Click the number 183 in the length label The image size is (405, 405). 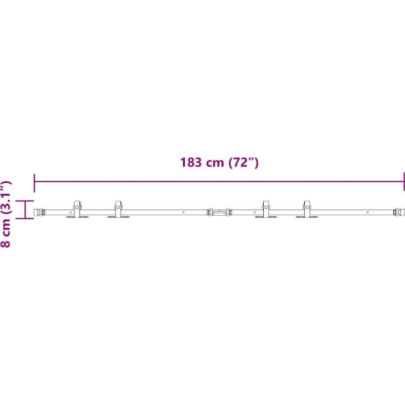[191, 162]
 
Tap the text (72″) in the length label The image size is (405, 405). [244, 163]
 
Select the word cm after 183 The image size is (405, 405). [215, 164]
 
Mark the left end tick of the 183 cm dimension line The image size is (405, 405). [34, 183]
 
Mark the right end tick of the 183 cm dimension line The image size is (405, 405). [403, 182]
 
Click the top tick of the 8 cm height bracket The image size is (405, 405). [25, 200]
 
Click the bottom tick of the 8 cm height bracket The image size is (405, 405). [25, 219]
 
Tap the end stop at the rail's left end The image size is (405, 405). [39, 212]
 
